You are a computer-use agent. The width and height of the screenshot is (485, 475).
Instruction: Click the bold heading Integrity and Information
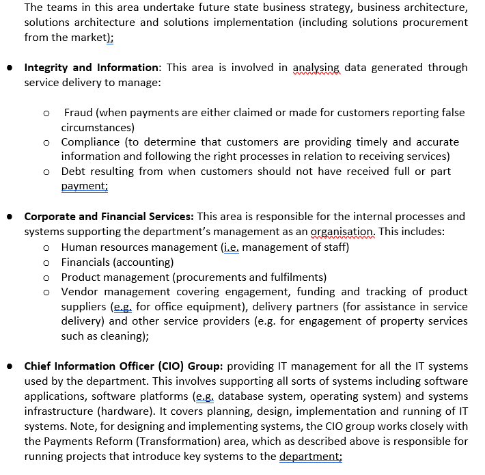[91, 68]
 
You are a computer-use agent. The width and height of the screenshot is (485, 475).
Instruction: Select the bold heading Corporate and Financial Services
[109, 217]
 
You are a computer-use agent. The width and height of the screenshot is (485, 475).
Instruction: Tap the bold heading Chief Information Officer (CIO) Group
[123, 366]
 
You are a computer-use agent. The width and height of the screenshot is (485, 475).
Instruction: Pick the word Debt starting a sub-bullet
[74, 172]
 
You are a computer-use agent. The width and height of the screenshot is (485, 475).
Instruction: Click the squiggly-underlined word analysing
[316, 68]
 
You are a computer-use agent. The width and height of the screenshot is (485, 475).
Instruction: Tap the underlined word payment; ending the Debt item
[84, 187]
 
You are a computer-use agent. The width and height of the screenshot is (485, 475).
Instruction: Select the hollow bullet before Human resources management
[46, 247]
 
